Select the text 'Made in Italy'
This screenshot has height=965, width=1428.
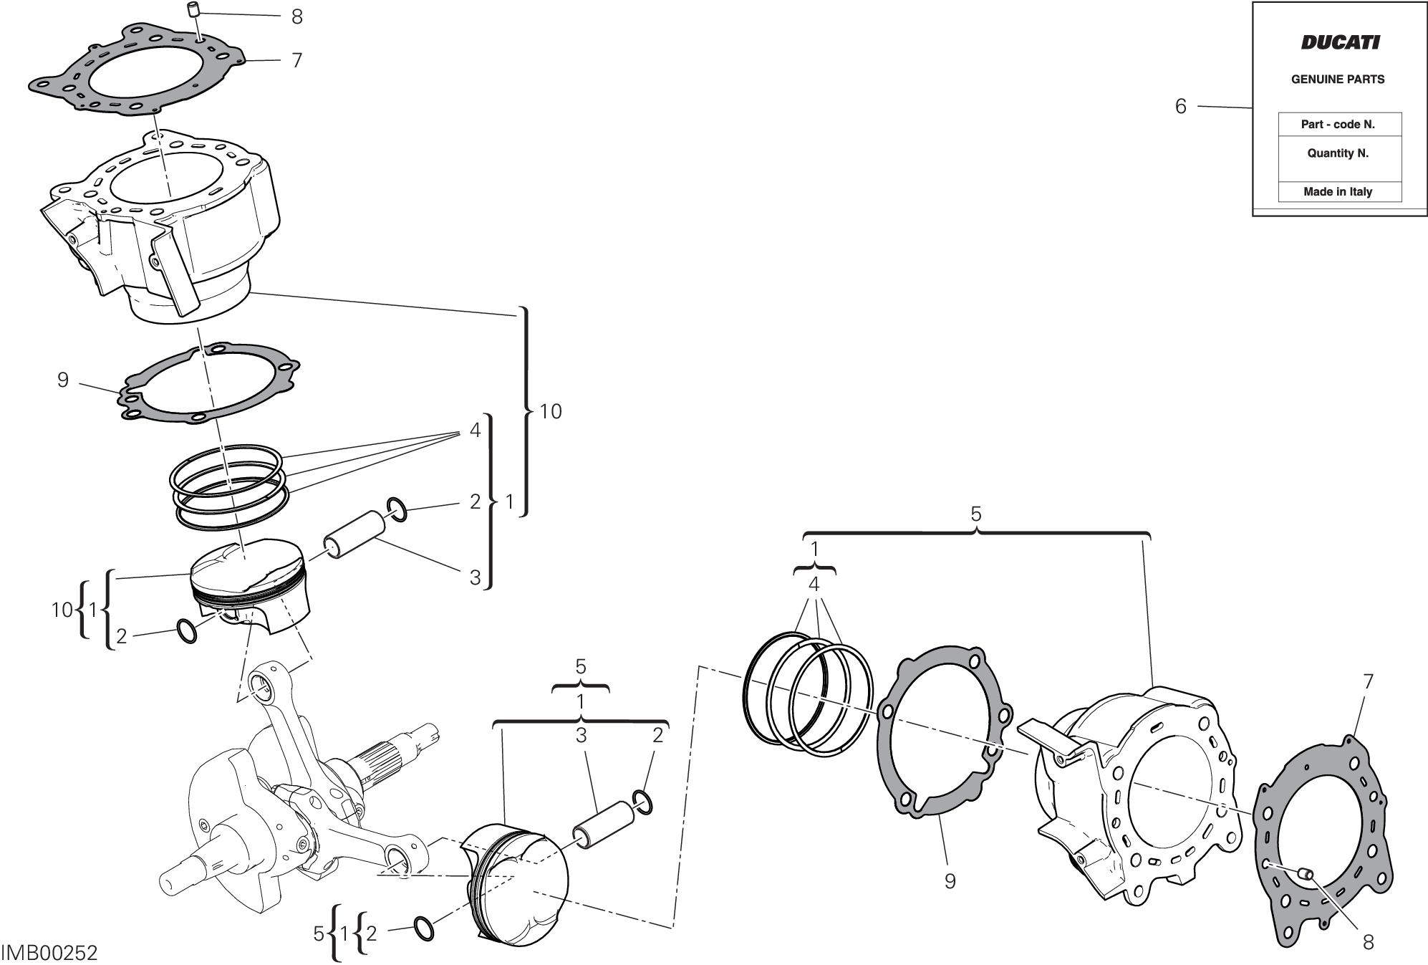[1338, 192]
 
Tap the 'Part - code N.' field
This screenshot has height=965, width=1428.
[1338, 125]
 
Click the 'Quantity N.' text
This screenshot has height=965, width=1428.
[1338, 153]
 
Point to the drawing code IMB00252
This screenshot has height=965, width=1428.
[49, 954]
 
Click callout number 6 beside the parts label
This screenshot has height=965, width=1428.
[1181, 107]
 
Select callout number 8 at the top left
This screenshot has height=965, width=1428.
[297, 16]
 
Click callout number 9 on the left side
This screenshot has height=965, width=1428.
[63, 380]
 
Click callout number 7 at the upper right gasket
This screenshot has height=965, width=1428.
[1367, 682]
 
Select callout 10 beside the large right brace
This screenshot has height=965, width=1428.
[550, 412]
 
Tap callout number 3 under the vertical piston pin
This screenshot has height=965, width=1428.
[475, 577]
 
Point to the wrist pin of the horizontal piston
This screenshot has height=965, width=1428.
[599, 826]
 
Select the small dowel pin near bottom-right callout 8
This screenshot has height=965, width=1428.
[1306, 872]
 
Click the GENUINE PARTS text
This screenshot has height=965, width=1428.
[1338, 80]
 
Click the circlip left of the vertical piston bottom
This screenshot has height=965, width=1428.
[186, 631]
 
